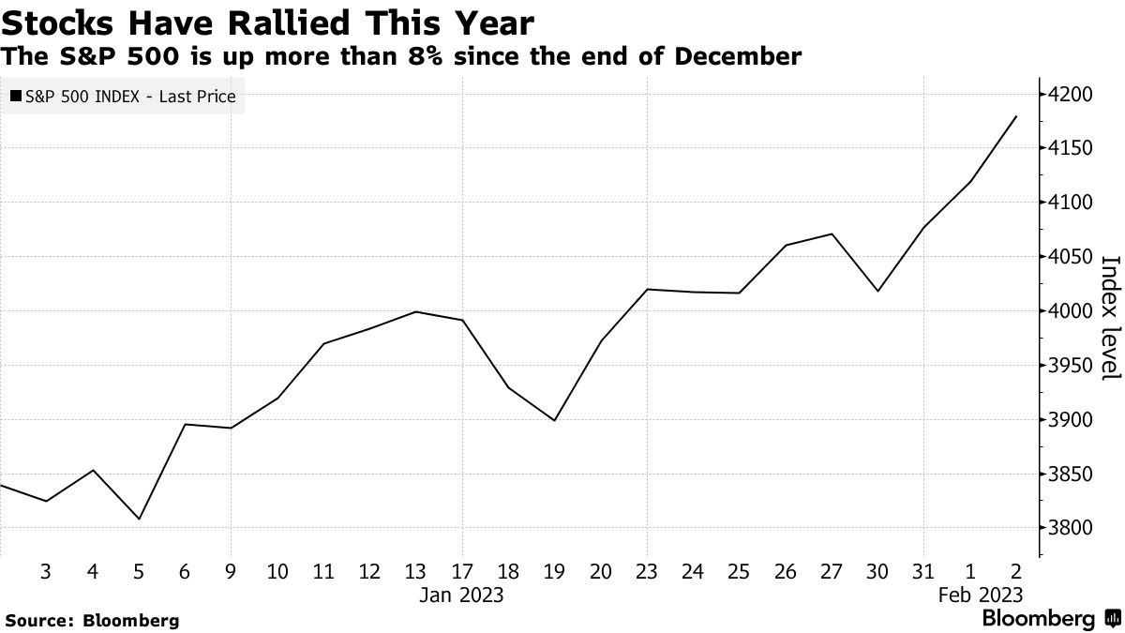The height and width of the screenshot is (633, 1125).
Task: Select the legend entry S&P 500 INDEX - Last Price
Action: point(123,97)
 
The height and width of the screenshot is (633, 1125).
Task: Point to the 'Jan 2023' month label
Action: point(461,595)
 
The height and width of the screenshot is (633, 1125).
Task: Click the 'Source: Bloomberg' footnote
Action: point(92,620)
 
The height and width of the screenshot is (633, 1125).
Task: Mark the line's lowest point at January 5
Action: point(139,519)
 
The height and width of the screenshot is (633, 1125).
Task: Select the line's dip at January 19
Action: point(554,420)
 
